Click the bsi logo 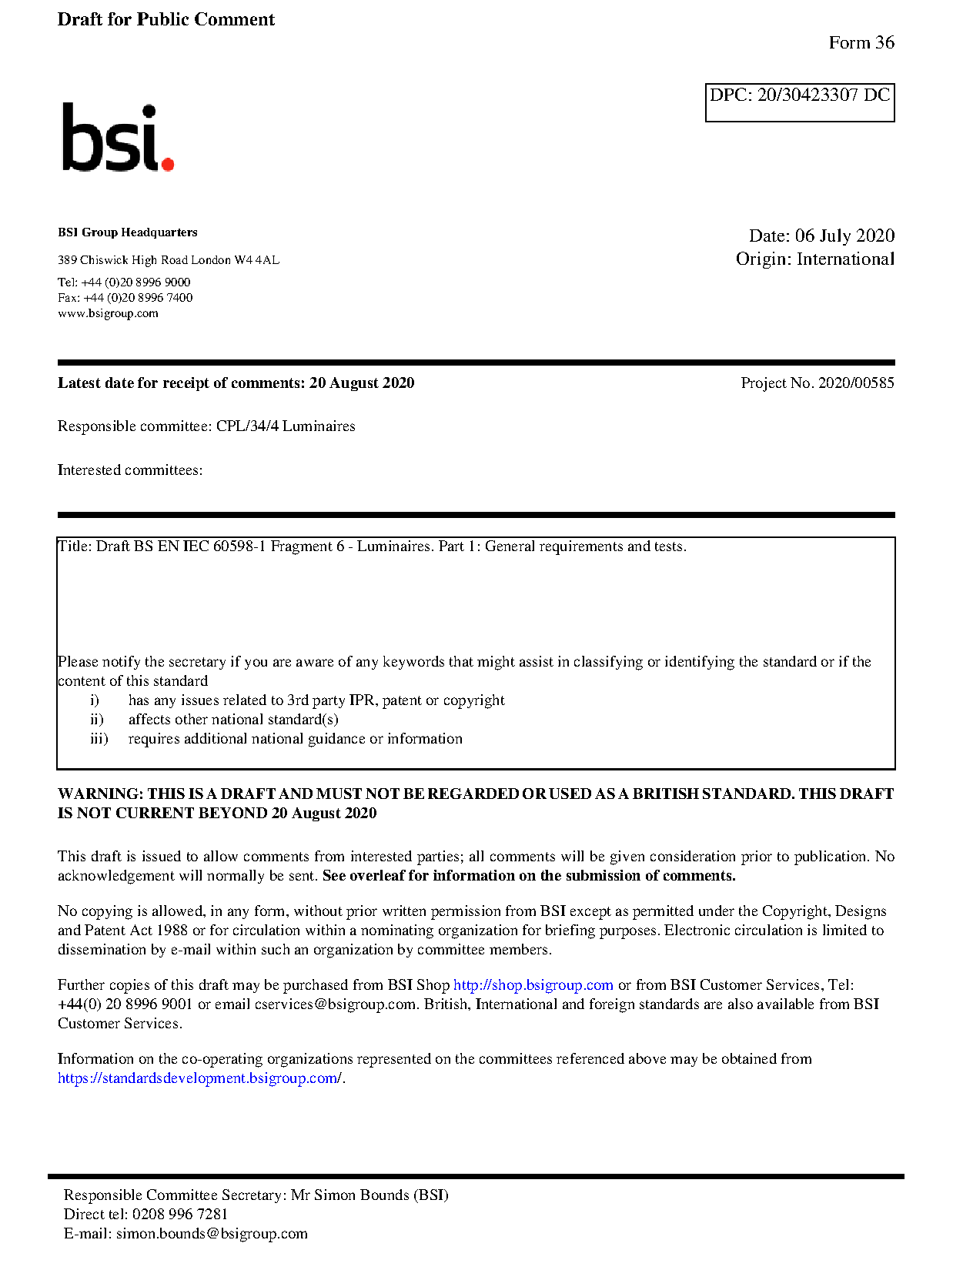(x=117, y=138)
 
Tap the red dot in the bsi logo (x=167, y=163)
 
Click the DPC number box (x=799, y=102)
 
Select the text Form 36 (x=861, y=43)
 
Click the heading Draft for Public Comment (x=166, y=19)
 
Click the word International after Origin (x=845, y=259)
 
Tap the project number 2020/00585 (x=855, y=383)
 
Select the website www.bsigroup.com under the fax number (x=108, y=313)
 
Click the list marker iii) (x=99, y=739)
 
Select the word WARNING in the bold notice (x=100, y=794)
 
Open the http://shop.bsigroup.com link (x=533, y=985)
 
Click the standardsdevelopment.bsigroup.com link (x=199, y=1078)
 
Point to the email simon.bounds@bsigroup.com (x=212, y=1234)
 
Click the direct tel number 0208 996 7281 (x=180, y=1215)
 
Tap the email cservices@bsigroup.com (x=335, y=1004)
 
